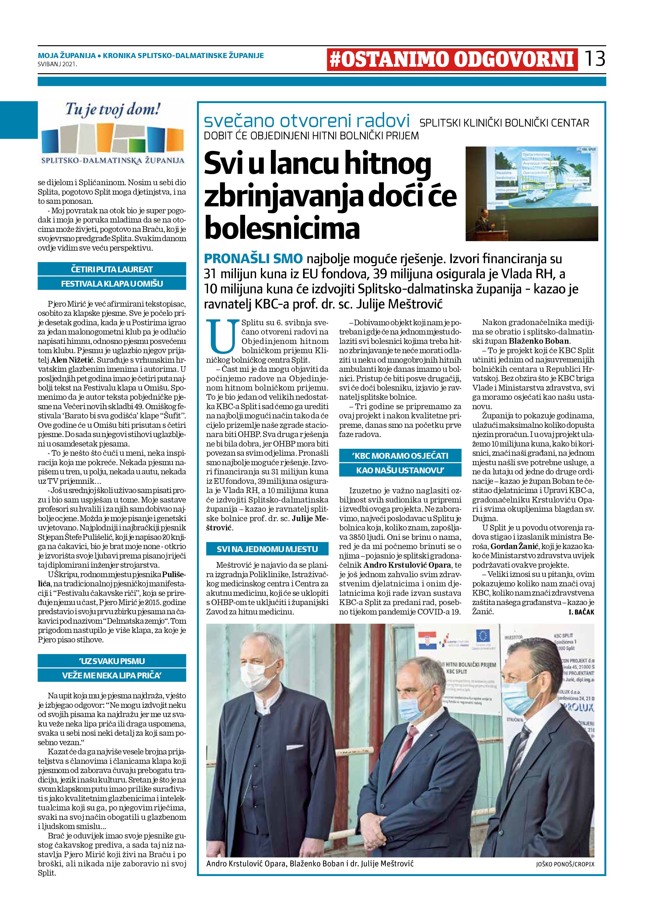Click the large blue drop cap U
pos(222,336)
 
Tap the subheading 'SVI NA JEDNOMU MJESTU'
pos(267,549)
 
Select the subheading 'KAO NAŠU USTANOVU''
pos(400,470)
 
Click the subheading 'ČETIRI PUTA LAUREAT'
pos(112,269)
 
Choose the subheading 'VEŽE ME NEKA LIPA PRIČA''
pos(112,676)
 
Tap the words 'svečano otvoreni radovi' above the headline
pos(307,121)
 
